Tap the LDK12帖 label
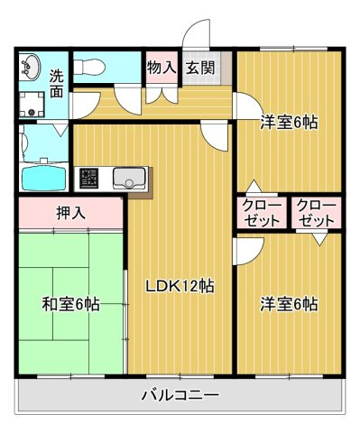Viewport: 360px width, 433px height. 180,287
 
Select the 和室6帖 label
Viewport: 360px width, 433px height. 69,304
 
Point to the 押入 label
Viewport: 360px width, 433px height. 70,215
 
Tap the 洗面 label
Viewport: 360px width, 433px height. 57,84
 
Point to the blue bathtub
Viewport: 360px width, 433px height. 43,178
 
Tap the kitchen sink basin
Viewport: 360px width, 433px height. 130,178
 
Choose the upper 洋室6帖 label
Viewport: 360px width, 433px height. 291,123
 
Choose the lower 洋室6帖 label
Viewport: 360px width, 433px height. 290,304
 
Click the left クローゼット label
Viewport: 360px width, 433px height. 262,213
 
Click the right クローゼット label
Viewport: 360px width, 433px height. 316,213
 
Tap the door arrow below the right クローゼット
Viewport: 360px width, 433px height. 318,240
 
